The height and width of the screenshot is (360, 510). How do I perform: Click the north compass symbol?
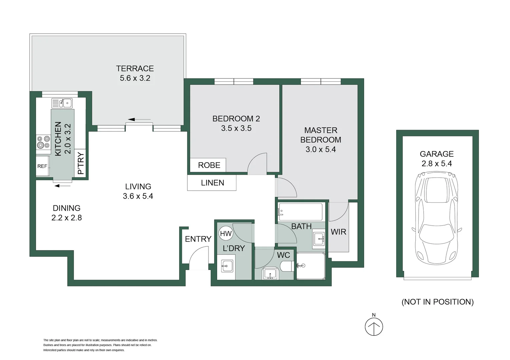(x=374, y=326)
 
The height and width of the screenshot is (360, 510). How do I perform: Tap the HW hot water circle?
(x=226, y=233)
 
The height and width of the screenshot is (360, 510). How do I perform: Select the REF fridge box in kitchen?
(x=42, y=166)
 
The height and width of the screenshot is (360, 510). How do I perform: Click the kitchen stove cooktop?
(x=43, y=142)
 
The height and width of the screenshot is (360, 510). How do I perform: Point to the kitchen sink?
(x=62, y=103)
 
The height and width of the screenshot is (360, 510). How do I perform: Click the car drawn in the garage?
(x=437, y=218)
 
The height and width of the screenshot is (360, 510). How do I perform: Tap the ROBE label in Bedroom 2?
(x=209, y=165)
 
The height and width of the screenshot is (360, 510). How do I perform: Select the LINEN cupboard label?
(x=212, y=183)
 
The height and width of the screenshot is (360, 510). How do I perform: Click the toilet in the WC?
(x=287, y=266)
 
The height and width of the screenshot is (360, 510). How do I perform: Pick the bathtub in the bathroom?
(x=301, y=212)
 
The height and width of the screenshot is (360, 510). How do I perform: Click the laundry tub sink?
(x=227, y=266)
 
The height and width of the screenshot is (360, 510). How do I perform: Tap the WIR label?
(x=338, y=232)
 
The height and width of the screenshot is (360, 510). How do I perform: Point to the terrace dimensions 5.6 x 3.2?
(x=135, y=78)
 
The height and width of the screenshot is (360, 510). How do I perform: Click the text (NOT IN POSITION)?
(x=437, y=302)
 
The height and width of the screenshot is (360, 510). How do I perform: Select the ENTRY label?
(x=198, y=239)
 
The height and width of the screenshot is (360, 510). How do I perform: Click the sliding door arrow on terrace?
(x=139, y=119)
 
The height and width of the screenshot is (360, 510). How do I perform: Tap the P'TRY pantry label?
(x=80, y=163)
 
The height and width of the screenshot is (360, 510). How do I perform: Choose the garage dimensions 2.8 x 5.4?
(x=437, y=163)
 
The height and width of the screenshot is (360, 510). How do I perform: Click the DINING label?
(x=67, y=208)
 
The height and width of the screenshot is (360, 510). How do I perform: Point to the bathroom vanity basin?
(x=319, y=239)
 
